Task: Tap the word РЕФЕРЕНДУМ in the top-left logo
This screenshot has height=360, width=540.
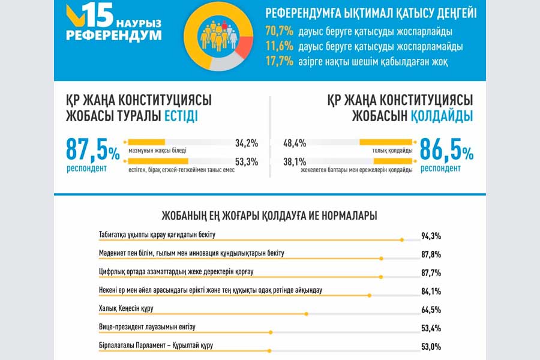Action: click(114, 35)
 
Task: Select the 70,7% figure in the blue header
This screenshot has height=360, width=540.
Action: click(278, 31)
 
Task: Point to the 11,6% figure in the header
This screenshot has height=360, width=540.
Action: click(278, 46)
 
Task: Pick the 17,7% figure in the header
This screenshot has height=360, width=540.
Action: click(278, 60)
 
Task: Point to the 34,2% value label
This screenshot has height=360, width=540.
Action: click(247, 143)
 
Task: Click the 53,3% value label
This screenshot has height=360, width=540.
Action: click(247, 161)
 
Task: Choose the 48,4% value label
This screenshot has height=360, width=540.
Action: click(295, 143)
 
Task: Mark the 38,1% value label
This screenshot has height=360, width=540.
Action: click(295, 161)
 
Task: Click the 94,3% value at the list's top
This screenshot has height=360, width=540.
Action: click(431, 236)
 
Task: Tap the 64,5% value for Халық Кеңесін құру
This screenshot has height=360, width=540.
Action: click(431, 310)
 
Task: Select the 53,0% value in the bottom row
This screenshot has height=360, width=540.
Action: click(431, 346)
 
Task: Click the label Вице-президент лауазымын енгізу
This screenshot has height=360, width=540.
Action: click(147, 327)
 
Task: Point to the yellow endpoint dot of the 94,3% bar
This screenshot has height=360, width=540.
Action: click(402, 240)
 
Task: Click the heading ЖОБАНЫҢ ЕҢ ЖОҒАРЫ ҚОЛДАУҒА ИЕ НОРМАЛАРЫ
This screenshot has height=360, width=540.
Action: click(269, 215)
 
